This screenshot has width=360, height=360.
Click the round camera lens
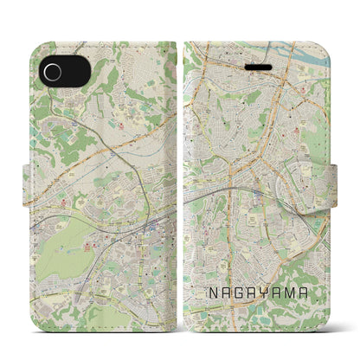[51, 68]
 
